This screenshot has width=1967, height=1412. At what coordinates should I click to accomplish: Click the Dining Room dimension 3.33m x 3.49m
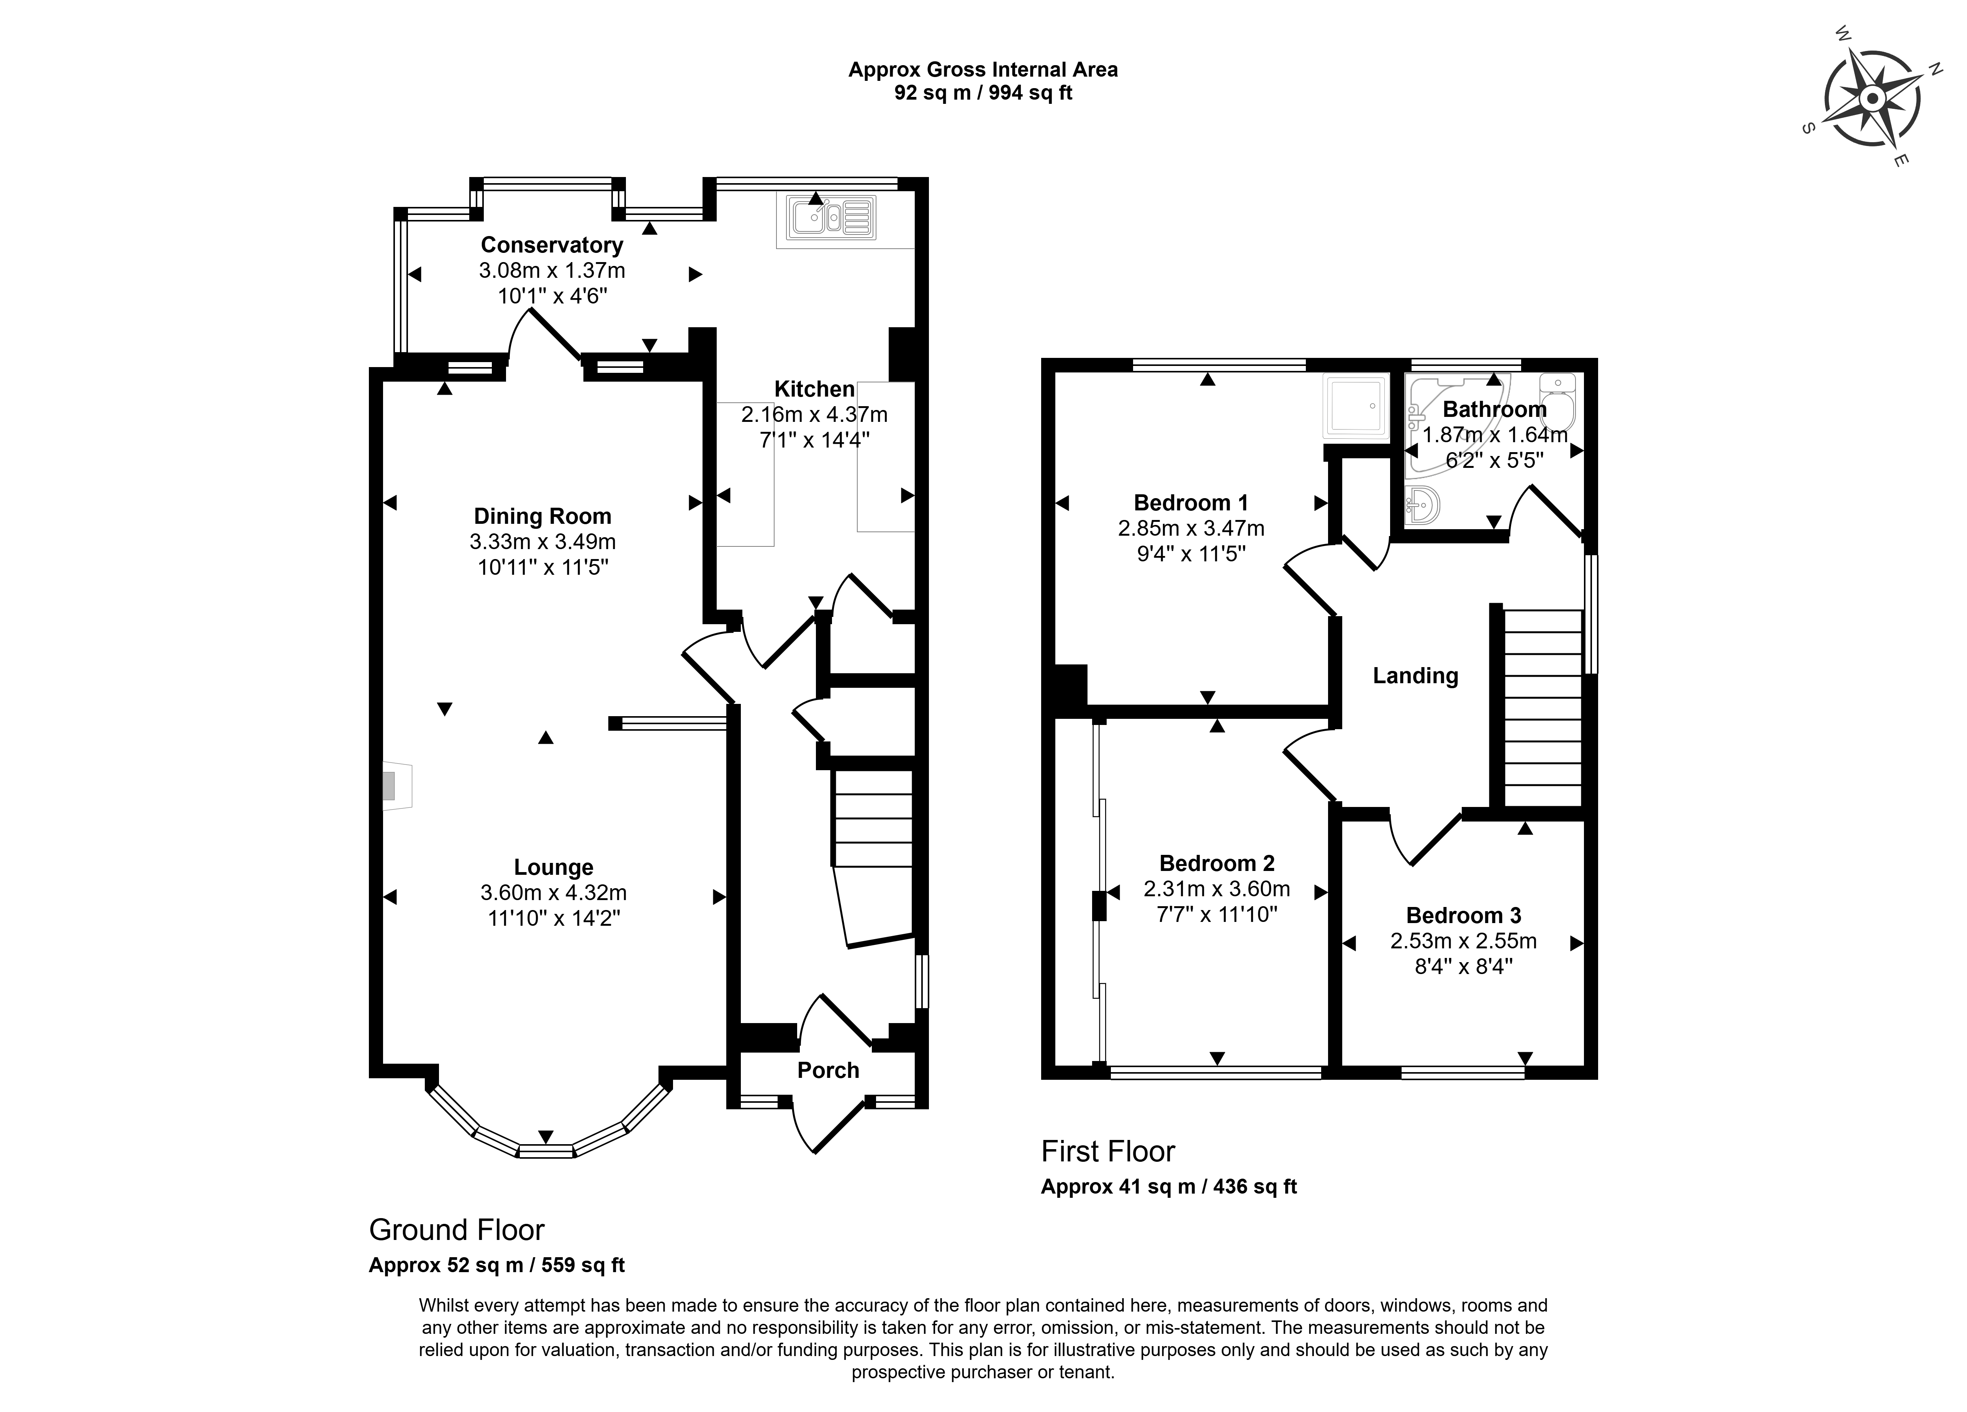click(x=543, y=542)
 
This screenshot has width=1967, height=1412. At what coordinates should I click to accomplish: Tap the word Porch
click(x=828, y=1070)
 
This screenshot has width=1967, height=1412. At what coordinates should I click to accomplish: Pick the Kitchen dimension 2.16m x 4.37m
click(x=814, y=415)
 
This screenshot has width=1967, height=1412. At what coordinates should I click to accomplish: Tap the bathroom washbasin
click(x=1422, y=505)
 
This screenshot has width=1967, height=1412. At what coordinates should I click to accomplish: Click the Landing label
click(x=1415, y=676)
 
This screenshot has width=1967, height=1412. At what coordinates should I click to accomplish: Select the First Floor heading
click(x=1107, y=1151)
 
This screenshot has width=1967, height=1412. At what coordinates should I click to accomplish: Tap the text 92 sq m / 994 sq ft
click(x=984, y=93)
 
